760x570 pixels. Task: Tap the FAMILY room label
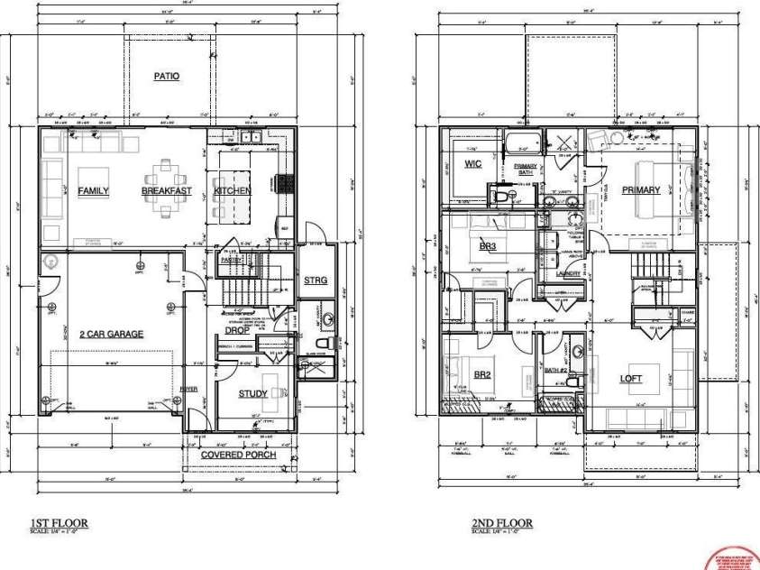pos(93,191)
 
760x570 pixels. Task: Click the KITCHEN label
pos(232,191)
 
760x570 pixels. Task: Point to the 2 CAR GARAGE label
pos(111,334)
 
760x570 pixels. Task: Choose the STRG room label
pos(316,280)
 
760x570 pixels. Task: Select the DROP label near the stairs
pos(237,330)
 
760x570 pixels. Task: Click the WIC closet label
pos(472,164)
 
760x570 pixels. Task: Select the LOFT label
pos(631,378)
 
